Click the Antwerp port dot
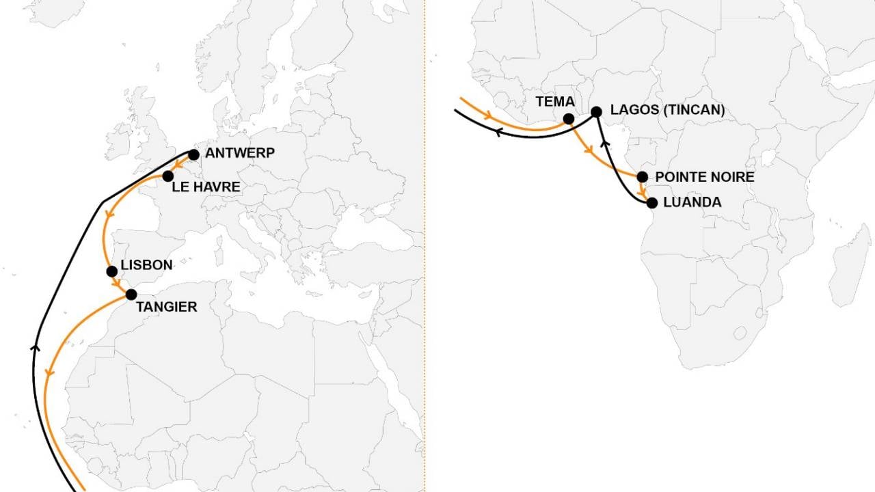pos(193,155)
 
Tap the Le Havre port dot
pos(167,176)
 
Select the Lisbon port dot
pos(112,271)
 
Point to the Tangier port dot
pos(131,295)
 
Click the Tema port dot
pos(568,119)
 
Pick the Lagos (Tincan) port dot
pos(596,111)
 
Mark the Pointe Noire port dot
pos(642,177)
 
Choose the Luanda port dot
pos(651,203)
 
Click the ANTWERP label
pos(240,154)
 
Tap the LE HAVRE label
pos(206,187)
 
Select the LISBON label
pos(146,265)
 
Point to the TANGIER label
pos(166,307)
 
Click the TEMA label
pos(554,102)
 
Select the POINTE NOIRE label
pos(705,177)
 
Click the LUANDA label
pos(692,203)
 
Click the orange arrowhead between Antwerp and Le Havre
pos(176,165)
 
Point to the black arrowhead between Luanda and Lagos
pos(604,143)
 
